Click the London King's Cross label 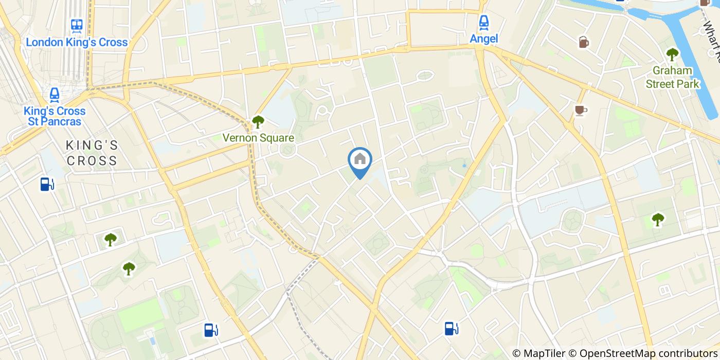tap(77, 42)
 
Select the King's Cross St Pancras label tap(54, 116)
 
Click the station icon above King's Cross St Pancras tap(54, 94)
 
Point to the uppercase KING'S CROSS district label tap(92, 153)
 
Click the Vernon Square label tap(258, 138)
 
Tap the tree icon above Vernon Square tap(258, 122)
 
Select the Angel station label tap(483, 38)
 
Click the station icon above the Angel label tap(483, 22)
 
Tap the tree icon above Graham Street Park tap(672, 53)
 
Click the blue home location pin tap(360, 160)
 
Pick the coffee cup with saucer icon tap(581, 110)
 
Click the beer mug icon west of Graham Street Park tap(584, 42)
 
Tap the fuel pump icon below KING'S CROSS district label tap(47, 184)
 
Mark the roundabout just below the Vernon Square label tap(287, 150)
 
